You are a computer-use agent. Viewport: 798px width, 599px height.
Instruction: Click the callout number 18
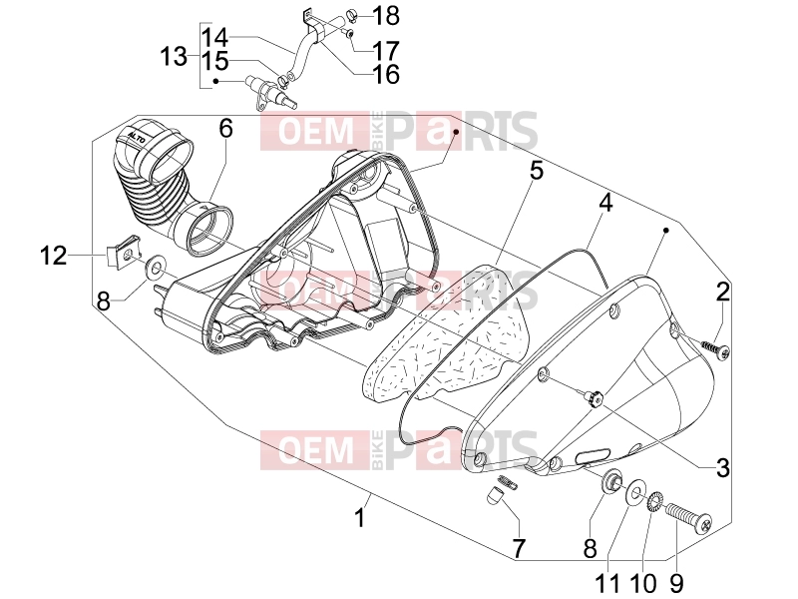[x=387, y=16]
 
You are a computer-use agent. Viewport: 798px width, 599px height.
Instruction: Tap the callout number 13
[x=174, y=56]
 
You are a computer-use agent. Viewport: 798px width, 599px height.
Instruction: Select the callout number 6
[x=226, y=129]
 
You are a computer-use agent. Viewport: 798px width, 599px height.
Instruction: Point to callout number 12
[x=53, y=256]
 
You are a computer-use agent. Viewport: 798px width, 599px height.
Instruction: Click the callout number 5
[x=537, y=171]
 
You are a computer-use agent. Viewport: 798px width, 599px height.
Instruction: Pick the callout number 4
[x=605, y=204]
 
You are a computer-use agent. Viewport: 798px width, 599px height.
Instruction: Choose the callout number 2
[x=722, y=292]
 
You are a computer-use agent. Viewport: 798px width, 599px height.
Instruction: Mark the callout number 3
[x=722, y=468]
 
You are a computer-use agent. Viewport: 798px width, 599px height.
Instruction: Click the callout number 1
[x=360, y=518]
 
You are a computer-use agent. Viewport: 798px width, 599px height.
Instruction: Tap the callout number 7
[x=518, y=548]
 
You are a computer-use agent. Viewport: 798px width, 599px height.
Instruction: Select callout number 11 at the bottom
[x=607, y=583]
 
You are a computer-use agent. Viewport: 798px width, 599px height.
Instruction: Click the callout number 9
[x=676, y=583]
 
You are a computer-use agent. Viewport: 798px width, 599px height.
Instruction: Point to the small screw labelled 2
[x=715, y=347]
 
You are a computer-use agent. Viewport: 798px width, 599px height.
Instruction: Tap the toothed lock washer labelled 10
[x=654, y=501]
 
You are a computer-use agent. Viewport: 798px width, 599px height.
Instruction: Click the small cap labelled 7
[x=494, y=495]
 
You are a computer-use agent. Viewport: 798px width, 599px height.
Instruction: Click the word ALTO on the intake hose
[x=137, y=138]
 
